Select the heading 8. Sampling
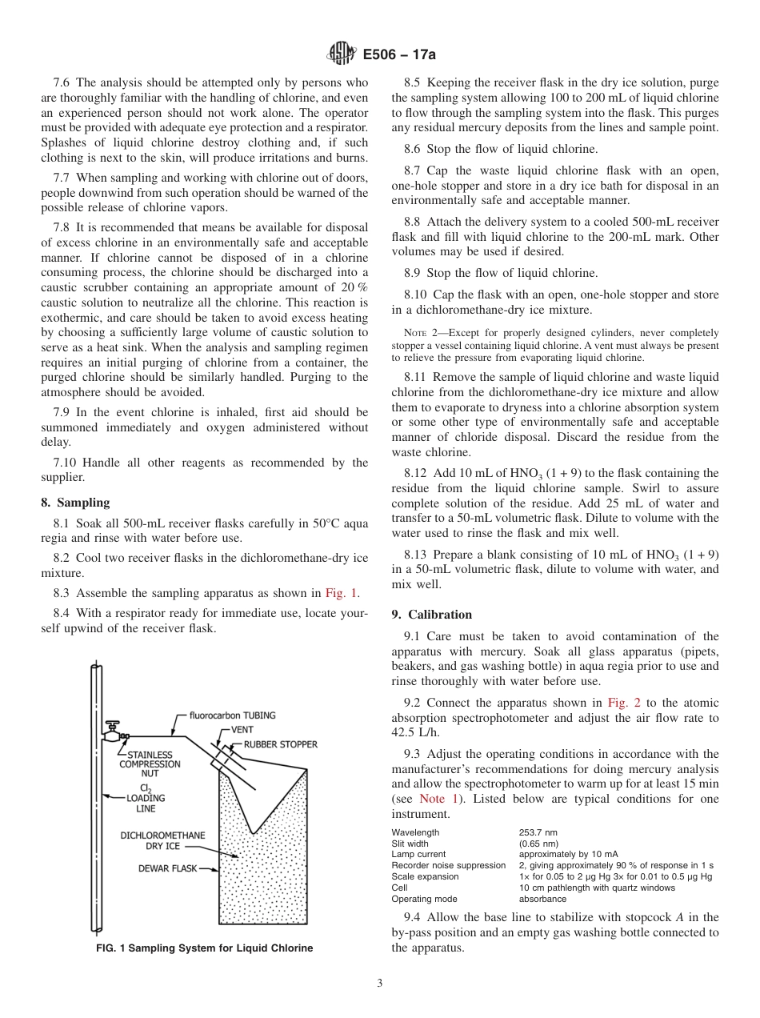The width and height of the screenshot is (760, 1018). [75, 503]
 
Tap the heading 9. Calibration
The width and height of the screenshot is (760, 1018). [431, 615]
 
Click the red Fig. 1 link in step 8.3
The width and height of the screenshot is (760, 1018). [342, 593]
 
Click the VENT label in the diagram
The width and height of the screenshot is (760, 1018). [242, 730]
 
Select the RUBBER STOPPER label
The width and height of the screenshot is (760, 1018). [280, 744]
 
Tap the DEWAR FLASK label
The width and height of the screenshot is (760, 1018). [167, 868]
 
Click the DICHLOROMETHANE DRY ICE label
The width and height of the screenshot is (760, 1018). [162, 840]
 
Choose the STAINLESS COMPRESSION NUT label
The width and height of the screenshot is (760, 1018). [150, 763]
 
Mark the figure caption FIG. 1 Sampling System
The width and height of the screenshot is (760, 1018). [204, 948]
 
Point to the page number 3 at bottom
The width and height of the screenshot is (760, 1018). [380, 984]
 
